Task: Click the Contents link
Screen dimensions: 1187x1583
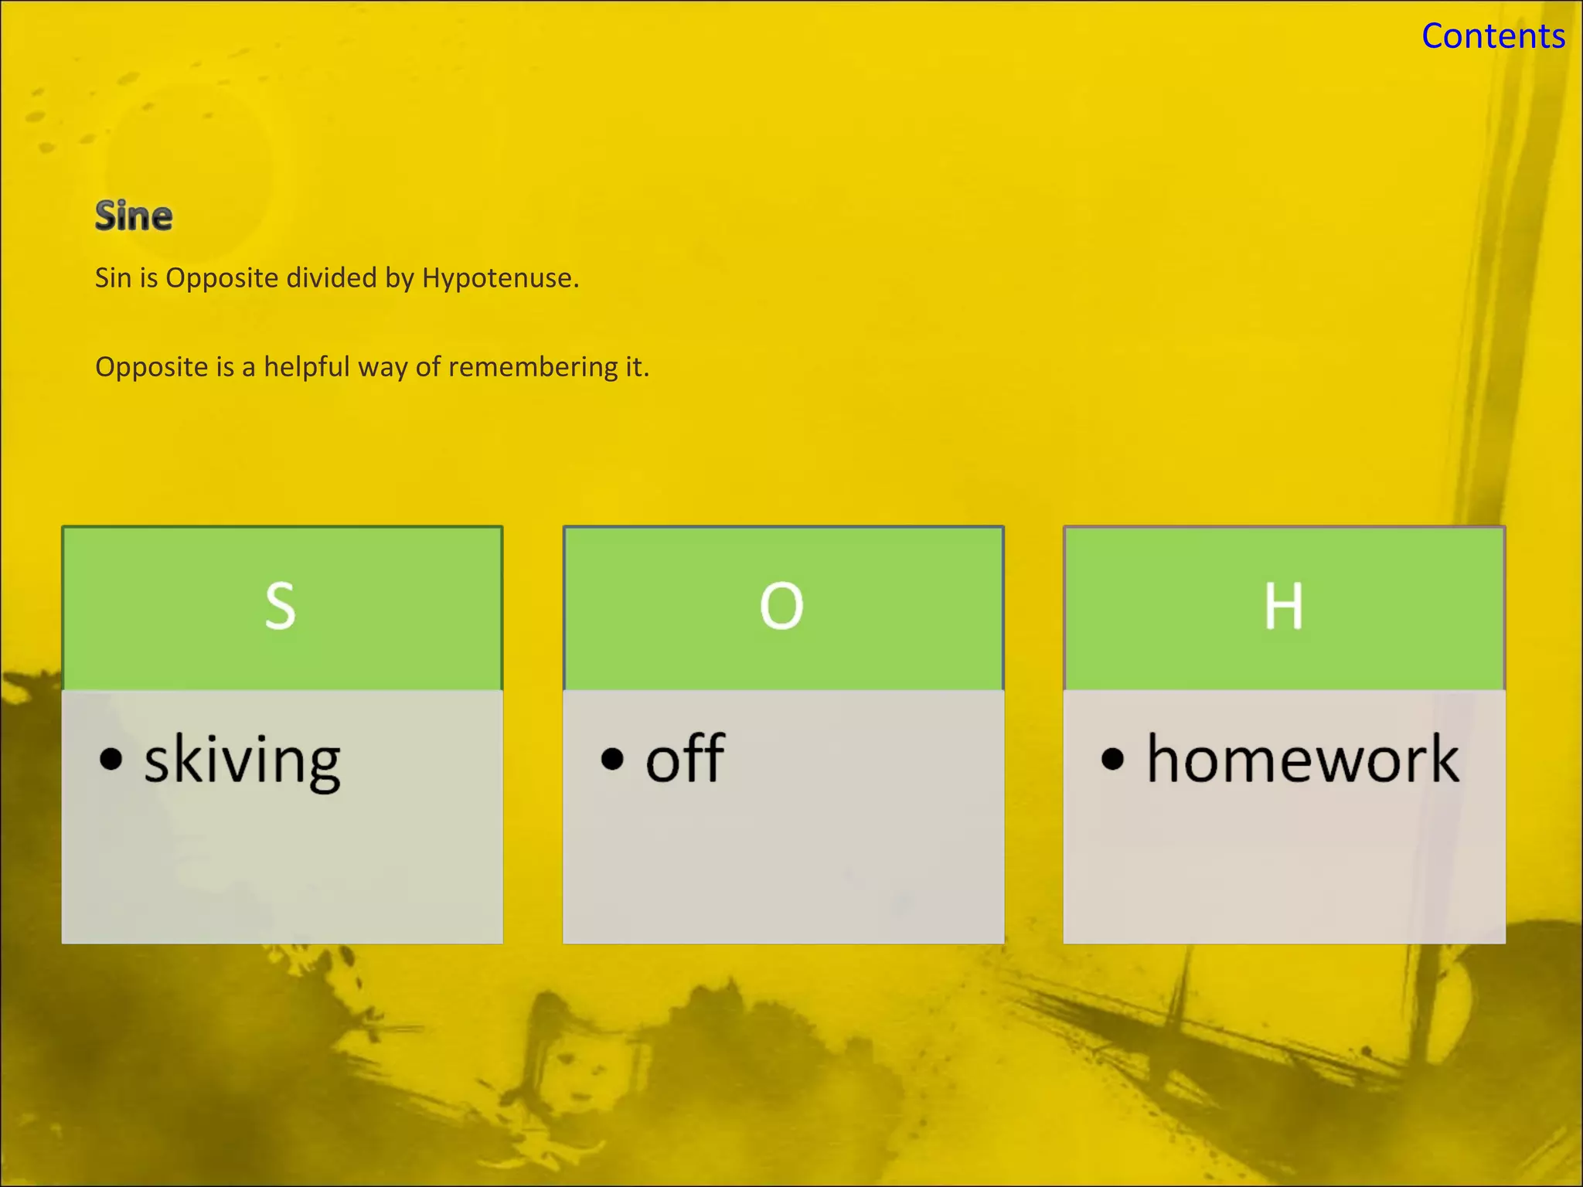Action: pyautogui.click(x=1493, y=36)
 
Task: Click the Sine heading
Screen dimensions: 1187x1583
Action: pyautogui.click(x=134, y=216)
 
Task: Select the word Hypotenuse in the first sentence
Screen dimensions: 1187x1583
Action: pyautogui.click(x=499, y=278)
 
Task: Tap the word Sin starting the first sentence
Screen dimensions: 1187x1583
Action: pyautogui.click(x=113, y=278)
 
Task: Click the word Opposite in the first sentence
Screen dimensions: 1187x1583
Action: pyautogui.click(x=221, y=278)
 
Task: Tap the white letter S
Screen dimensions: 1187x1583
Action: pyautogui.click(x=281, y=607)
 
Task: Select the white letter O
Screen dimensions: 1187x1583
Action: pyautogui.click(x=781, y=607)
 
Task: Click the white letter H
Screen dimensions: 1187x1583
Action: pyautogui.click(x=1283, y=607)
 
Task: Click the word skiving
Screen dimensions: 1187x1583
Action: pyautogui.click(x=242, y=761)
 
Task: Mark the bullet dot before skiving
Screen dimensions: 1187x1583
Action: pyautogui.click(x=111, y=760)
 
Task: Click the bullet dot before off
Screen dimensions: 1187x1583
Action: pyautogui.click(x=612, y=760)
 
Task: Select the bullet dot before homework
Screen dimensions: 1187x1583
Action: pyautogui.click(x=1112, y=760)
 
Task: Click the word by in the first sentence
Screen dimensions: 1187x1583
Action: pyautogui.click(x=400, y=278)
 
